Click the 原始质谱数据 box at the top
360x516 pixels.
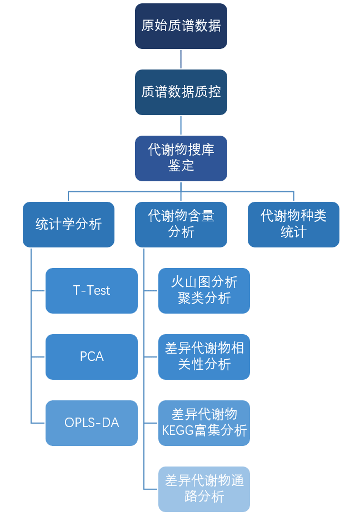(x=181, y=26)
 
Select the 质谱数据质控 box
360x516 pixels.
(x=181, y=92)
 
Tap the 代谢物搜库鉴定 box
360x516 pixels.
(x=181, y=158)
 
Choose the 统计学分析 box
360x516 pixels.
(x=68, y=224)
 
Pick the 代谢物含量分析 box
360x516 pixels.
(x=181, y=224)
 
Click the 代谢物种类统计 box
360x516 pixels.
(x=293, y=224)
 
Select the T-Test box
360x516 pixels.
(x=92, y=290)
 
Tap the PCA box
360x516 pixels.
(x=92, y=356)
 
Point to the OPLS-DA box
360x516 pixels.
(x=92, y=423)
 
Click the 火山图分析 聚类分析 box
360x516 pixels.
(x=204, y=290)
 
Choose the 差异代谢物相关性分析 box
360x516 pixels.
(x=204, y=356)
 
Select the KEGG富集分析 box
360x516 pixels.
(x=204, y=423)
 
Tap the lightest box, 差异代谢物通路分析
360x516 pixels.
(x=204, y=489)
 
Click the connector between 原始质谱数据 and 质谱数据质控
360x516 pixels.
(x=181, y=59)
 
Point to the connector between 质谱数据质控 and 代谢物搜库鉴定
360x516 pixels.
(x=181, y=125)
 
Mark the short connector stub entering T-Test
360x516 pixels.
(x=38, y=290)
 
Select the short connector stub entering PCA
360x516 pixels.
(x=38, y=356)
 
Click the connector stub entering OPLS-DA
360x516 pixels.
(x=38, y=423)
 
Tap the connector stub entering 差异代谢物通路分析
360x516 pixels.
(x=151, y=489)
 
